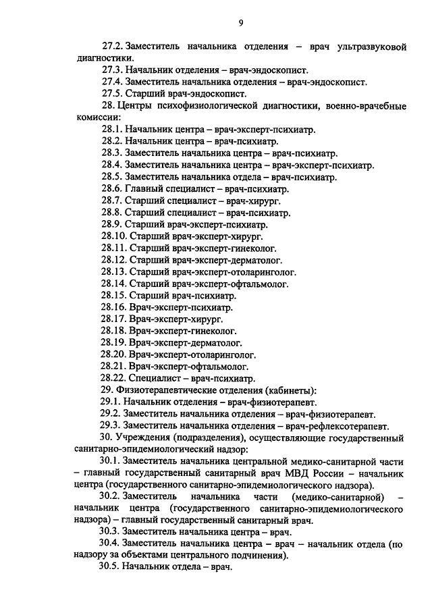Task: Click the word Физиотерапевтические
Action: tap(164, 392)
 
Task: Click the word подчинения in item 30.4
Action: tap(259, 556)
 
